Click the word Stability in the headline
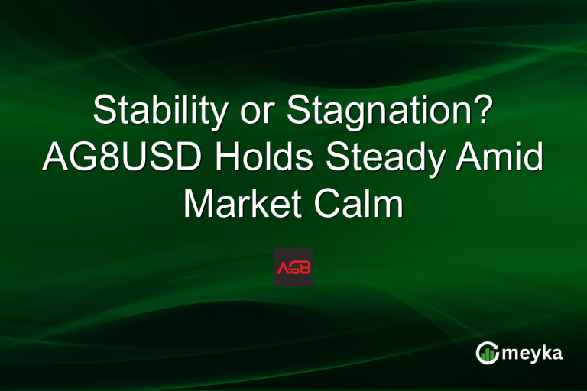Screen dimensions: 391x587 coord(159,112)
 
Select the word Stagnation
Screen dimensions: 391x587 coord(376,112)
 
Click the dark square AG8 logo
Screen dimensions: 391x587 coord(293,267)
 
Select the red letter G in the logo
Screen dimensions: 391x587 coord(293,268)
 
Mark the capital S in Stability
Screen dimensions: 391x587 coord(103,112)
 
